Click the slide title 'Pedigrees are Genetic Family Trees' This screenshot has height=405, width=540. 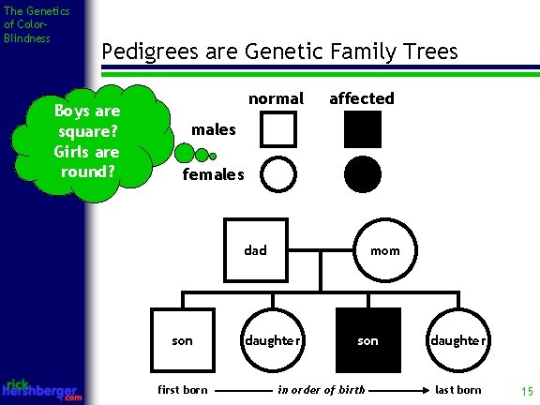click(278, 51)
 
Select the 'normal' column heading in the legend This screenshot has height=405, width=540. click(276, 98)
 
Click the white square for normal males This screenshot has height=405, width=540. click(278, 129)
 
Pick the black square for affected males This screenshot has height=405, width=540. click(363, 129)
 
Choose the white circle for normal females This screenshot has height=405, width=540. click(278, 173)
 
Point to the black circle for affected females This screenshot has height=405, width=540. click(363, 173)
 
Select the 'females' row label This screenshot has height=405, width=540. click(212, 174)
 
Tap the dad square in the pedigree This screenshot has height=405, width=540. click(255, 249)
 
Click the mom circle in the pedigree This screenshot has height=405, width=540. click(384, 250)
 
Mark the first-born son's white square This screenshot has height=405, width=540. click(182, 339)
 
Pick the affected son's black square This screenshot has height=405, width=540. click(368, 339)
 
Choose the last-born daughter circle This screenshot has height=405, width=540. click(457, 339)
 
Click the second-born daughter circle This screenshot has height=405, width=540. click(272, 339)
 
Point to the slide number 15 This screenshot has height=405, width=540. click(526, 390)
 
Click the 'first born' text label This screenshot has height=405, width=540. click(184, 390)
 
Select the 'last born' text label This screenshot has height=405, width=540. click(457, 390)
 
